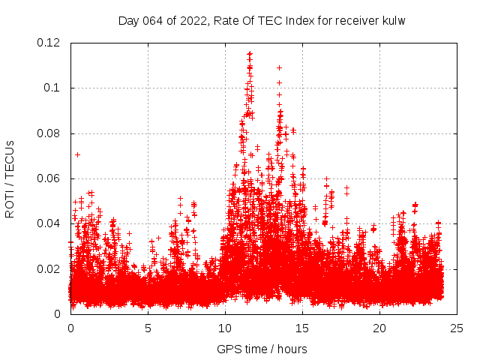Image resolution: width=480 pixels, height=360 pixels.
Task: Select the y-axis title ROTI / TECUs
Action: tap(10, 178)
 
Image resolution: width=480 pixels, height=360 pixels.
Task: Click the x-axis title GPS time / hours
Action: tap(262, 349)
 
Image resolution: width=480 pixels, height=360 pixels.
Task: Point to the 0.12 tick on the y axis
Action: tap(49, 43)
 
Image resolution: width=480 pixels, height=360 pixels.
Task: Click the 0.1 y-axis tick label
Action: tap(52, 88)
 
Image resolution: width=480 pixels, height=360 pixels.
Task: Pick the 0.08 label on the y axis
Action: tap(49, 133)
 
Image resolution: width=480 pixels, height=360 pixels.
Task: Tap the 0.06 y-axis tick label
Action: tap(49, 178)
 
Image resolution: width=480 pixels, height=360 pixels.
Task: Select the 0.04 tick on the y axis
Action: tap(49, 223)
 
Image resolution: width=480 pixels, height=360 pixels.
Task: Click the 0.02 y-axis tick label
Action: tap(49, 268)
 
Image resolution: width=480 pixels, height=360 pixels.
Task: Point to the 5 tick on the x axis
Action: tap(148, 328)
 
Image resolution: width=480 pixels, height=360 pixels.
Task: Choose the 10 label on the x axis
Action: tap(225, 328)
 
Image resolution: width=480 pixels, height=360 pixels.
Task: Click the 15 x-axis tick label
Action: tap(302, 328)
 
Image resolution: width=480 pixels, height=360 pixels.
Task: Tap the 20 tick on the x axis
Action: tap(379, 328)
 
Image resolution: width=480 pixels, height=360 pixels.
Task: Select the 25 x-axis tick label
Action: tap(457, 328)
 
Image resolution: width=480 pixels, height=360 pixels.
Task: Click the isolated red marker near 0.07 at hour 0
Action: tap(77, 154)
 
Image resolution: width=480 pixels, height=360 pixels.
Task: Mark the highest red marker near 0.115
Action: tap(250, 53)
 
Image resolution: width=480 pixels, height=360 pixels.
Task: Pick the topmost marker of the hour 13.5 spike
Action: tap(279, 67)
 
